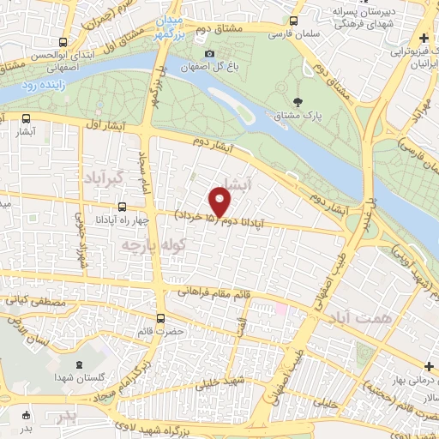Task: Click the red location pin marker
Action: (x=220, y=203)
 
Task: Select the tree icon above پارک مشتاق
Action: (x=297, y=101)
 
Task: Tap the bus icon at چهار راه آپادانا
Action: (x=122, y=207)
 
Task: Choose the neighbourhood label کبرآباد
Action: (x=109, y=177)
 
